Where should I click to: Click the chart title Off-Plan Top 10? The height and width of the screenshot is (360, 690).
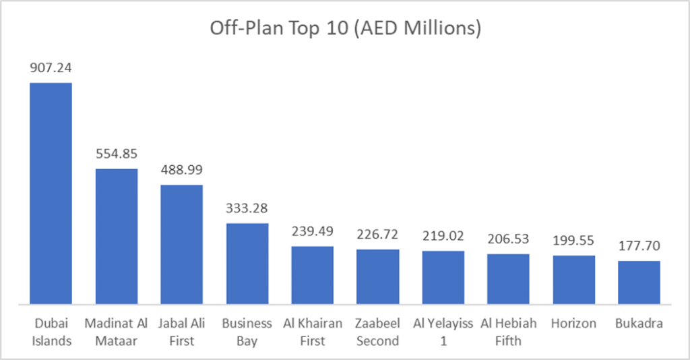click(x=346, y=29)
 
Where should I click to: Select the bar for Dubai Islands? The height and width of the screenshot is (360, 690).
click(x=51, y=193)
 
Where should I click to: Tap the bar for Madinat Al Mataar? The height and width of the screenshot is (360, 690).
click(x=117, y=236)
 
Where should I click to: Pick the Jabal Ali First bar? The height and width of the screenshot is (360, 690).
click(x=182, y=244)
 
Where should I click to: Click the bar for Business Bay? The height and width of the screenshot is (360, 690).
click(x=247, y=263)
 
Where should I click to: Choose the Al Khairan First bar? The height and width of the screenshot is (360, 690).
click(x=313, y=274)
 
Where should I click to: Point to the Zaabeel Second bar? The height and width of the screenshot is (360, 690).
click(x=378, y=276)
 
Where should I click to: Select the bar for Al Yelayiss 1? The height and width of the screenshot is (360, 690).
click(x=443, y=277)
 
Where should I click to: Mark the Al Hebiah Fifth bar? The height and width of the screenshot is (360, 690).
click(x=509, y=278)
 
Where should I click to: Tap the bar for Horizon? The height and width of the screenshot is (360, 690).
click(x=574, y=280)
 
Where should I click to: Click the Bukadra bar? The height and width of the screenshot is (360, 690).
click(x=639, y=282)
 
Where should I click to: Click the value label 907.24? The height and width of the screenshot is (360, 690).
click(x=51, y=68)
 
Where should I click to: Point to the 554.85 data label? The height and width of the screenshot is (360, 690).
click(x=117, y=154)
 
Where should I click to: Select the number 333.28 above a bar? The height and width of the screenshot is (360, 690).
click(x=247, y=208)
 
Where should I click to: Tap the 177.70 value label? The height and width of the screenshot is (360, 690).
click(x=639, y=246)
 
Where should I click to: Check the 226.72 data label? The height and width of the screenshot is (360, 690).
click(x=378, y=235)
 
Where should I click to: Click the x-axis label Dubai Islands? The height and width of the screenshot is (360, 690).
click(x=51, y=332)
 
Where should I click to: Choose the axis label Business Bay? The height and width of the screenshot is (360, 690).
click(x=247, y=332)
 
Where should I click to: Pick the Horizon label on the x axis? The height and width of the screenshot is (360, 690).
click(x=574, y=324)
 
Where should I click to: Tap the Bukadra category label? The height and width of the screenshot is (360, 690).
click(x=639, y=324)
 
